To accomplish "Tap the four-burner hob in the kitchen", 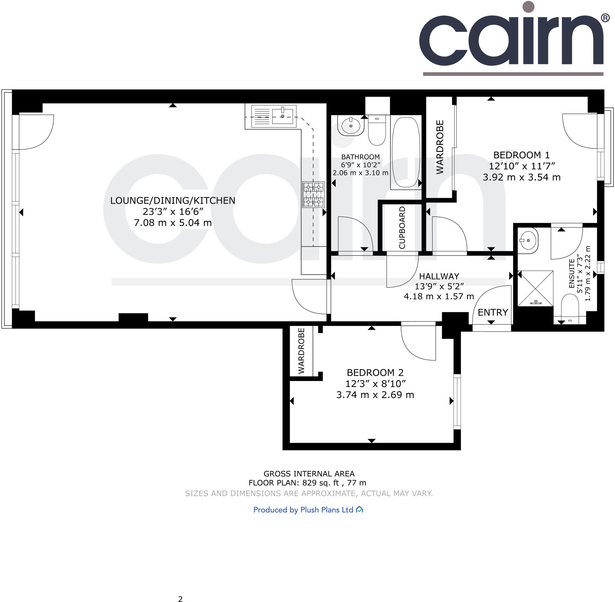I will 313,194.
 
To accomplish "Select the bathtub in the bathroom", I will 406,153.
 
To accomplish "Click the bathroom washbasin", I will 350,126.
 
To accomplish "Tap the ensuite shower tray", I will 535,288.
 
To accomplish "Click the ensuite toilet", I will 570,308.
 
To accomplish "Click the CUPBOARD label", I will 402,228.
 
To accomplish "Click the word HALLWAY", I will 439,276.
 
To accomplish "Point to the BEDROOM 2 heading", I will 375,372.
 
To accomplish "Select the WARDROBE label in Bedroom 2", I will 301,351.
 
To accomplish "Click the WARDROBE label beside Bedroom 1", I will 440,147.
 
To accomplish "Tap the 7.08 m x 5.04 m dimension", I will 173,222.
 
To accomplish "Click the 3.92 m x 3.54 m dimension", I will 521,177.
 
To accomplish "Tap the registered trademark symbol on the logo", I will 605,18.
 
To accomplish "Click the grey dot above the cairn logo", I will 528,7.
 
